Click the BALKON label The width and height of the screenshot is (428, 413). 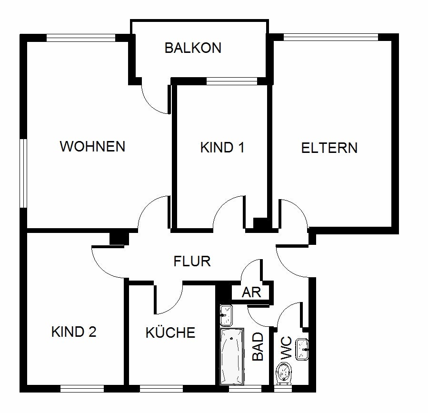[193, 48]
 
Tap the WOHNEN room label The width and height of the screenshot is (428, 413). [92, 146]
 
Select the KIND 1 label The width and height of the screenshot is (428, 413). [222, 148]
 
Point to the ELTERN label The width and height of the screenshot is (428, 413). [329, 148]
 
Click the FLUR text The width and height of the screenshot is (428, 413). [192, 261]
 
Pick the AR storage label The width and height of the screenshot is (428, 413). [251, 292]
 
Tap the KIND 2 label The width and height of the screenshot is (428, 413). [74, 332]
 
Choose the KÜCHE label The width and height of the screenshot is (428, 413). [170, 332]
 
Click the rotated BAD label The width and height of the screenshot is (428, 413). [258, 346]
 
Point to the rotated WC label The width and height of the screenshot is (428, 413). [286, 348]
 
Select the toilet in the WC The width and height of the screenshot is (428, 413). [284, 373]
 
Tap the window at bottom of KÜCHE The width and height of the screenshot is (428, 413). [161, 389]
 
